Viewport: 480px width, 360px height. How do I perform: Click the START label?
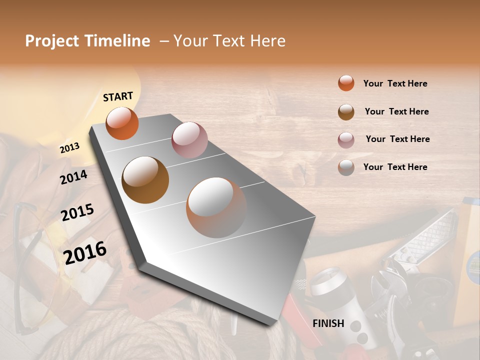118,96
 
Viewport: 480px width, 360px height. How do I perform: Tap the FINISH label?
328,323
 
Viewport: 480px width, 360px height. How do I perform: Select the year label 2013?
69,148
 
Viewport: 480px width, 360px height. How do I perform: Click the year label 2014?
74,177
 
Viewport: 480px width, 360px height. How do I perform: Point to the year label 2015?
77,212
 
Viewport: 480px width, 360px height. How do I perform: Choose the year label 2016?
85,253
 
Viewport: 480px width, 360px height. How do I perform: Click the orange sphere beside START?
122,123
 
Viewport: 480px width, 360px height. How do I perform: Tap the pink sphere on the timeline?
189,140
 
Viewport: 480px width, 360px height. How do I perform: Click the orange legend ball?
346,83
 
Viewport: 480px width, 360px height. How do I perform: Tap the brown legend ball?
346,111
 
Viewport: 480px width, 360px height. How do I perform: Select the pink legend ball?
346,139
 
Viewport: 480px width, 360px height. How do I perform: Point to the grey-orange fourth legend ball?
346,167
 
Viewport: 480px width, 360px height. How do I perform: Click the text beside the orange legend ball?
395,83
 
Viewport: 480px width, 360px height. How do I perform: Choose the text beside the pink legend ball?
397,139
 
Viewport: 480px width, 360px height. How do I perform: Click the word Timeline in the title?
118,41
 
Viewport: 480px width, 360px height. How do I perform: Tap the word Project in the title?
52,41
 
